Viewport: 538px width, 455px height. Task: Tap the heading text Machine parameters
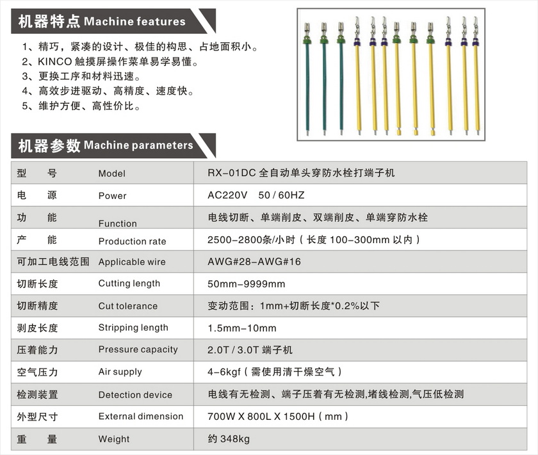coord(138,145)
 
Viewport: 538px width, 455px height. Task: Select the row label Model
coord(112,173)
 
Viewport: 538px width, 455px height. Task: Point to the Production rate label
coord(132,241)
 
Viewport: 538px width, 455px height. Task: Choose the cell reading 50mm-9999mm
coord(247,283)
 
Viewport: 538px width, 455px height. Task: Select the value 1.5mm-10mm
coord(242,328)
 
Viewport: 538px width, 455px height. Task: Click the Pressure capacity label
coord(138,349)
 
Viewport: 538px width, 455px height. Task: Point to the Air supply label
coord(120,372)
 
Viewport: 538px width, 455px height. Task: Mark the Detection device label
coord(135,395)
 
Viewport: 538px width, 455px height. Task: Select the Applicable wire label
coord(132,262)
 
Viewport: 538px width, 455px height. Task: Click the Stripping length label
coord(133,328)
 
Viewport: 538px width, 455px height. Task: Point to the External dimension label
coord(141,417)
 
